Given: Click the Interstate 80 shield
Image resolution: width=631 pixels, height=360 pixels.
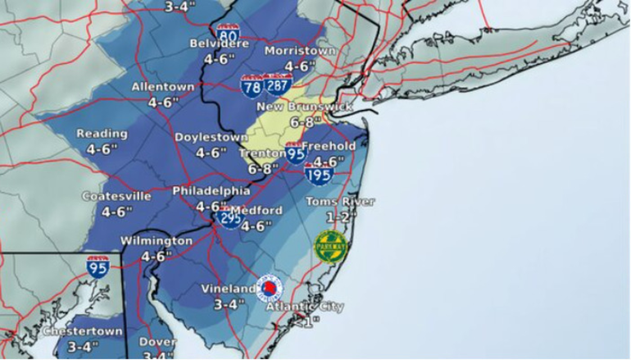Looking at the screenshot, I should pyautogui.click(x=229, y=36).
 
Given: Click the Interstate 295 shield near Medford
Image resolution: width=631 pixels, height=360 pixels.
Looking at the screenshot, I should pyautogui.click(x=230, y=218).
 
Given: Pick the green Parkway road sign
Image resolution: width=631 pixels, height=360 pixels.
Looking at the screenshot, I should pyautogui.click(x=331, y=246).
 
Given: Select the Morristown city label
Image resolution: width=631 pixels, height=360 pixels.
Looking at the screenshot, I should pyautogui.click(x=301, y=51).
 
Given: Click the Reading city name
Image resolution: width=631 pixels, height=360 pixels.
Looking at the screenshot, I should pyautogui.click(x=102, y=134).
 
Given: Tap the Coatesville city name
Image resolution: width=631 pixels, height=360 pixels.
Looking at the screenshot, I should pyautogui.click(x=117, y=197).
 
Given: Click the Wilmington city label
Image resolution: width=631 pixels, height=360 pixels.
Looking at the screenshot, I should pyautogui.click(x=156, y=241).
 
